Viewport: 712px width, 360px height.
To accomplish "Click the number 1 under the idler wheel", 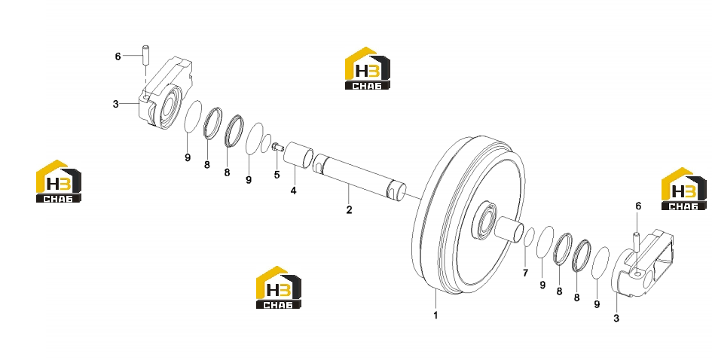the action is pyautogui.click(x=435, y=315).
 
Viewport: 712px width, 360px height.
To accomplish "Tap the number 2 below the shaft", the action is pyautogui.click(x=349, y=209).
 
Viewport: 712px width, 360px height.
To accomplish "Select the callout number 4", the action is pyautogui.click(x=293, y=191).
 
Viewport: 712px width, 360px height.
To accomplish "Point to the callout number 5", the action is pyautogui.click(x=277, y=175).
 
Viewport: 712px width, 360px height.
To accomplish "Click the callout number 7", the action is pyautogui.click(x=525, y=273).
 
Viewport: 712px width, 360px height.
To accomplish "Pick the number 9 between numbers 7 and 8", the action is pyautogui.click(x=542, y=285).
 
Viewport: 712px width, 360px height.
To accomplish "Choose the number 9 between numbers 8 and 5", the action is pyautogui.click(x=249, y=180).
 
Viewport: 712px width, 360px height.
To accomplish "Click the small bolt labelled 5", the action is pyautogui.click(x=277, y=147).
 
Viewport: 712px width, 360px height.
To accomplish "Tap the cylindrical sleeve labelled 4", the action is pyautogui.click(x=298, y=154).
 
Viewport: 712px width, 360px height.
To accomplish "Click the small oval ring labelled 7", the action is pyautogui.click(x=529, y=237).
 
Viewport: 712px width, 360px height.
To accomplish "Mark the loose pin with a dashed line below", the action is pyautogui.click(x=146, y=55).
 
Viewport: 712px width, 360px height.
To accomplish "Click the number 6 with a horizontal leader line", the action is pyautogui.click(x=118, y=56).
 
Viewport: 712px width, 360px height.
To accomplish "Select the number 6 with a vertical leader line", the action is pyautogui.click(x=638, y=206).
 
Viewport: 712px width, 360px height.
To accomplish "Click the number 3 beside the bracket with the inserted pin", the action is pyautogui.click(x=616, y=319).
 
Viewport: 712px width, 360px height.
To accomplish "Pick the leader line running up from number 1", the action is pyautogui.click(x=435, y=299).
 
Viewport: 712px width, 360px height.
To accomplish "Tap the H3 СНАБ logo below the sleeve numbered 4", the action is pyautogui.click(x=278, y=288).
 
